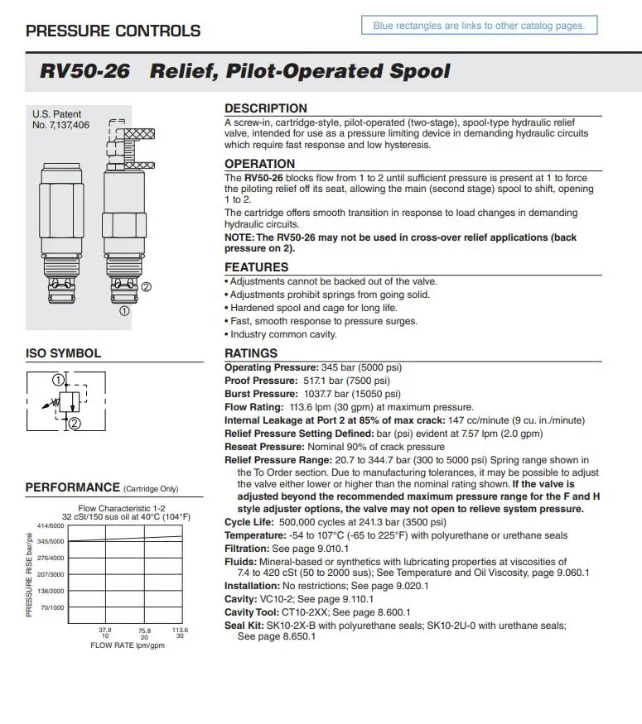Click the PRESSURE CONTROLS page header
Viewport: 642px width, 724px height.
click(113, 31)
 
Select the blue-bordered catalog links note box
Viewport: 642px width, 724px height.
click(479, 26)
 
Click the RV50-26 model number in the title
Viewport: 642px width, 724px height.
click(84, 71)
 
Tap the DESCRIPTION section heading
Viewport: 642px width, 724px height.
click(265, 108)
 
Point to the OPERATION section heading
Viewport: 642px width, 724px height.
click(259, 164)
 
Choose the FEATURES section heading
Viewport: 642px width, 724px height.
click(256, 267)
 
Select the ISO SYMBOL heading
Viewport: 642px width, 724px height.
click(64, 353)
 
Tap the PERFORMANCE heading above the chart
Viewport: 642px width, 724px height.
click(73, 487)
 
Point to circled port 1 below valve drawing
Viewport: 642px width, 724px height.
click(124, 311)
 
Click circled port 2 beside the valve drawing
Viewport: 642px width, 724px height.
click(146, 287)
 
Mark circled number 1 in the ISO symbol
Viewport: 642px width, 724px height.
click(58, 381)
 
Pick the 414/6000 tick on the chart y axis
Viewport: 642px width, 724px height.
click(51, 526)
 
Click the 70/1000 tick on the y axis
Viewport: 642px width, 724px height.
click(53, 607)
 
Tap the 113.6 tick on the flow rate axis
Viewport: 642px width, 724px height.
click(180, 630)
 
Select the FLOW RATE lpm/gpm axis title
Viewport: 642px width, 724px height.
click(128, 645)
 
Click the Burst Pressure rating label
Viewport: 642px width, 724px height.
click(260, 394)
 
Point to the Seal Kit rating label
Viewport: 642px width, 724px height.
click(245, 626)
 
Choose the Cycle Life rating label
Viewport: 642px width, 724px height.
click(250, 522)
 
